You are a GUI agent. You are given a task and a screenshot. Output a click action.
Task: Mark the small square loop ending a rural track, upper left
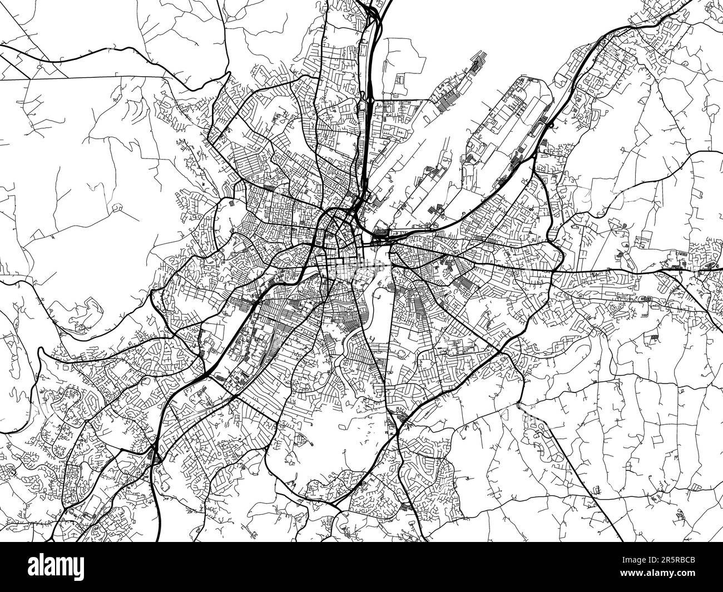117,208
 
